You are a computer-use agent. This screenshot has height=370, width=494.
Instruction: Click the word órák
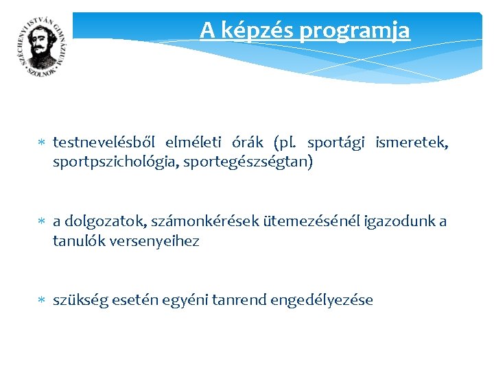coord(248,143)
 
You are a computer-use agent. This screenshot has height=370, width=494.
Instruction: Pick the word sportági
coord(336,143)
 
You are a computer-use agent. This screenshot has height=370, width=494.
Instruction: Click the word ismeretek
coord(412,143)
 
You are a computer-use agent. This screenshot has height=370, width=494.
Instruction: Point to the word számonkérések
coord(185,221)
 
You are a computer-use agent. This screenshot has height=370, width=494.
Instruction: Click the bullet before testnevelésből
coord(41,143)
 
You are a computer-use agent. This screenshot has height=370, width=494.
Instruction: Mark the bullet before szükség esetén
coord(41,300)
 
